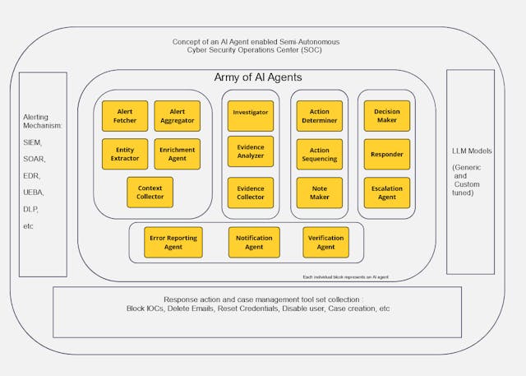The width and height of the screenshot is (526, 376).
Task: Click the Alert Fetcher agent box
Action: [125, 116]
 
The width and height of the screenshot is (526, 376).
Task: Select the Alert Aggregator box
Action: [177, 116]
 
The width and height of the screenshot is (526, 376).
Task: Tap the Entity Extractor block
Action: [125, 154]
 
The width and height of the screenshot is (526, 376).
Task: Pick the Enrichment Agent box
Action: [177, 154]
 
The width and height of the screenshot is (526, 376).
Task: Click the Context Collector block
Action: [150, 192]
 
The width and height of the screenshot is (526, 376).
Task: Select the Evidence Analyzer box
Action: [251, 151]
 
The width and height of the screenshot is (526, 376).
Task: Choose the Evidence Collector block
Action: [251, 193]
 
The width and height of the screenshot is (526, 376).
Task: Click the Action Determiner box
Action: [319, 116]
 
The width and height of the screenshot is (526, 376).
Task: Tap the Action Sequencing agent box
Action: [319, 155]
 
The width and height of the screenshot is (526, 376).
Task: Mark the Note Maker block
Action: [319, 193]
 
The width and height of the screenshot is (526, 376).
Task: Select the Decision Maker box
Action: [387, 116]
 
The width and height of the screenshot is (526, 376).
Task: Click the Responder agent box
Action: [387, 154]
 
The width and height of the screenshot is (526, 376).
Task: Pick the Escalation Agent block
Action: [387, 193]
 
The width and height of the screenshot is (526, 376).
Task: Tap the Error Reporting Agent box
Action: [173, 242]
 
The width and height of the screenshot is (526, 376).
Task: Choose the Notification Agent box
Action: [254, 242]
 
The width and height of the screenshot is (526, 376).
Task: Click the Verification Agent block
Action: [325, 242]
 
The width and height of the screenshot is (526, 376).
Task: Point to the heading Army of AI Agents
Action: [258, 77]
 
